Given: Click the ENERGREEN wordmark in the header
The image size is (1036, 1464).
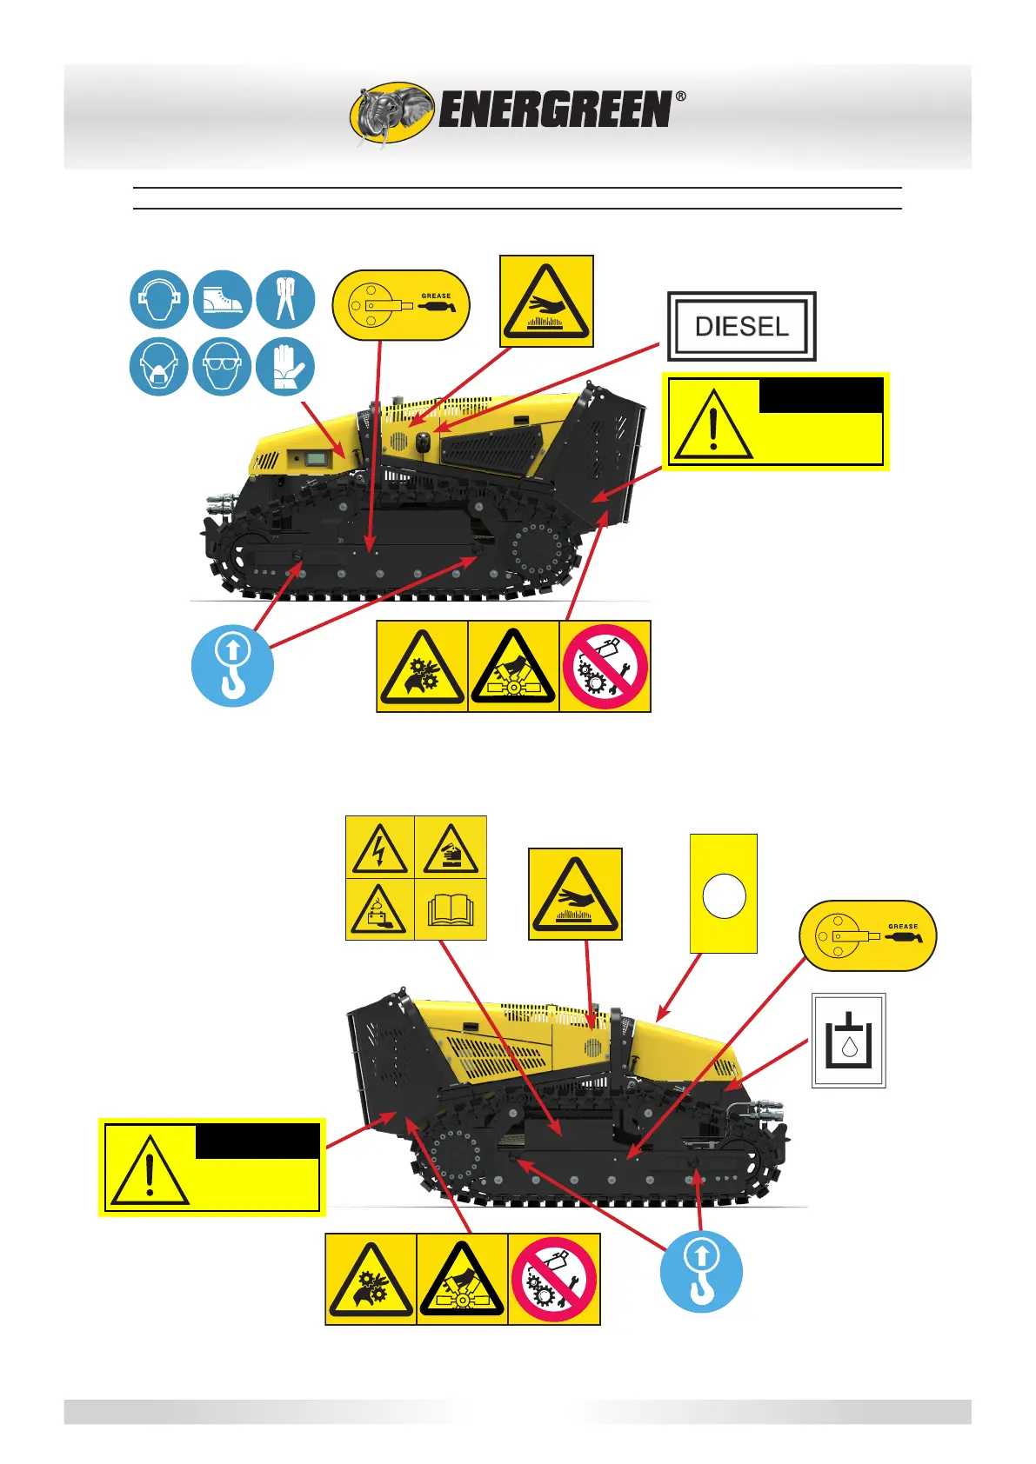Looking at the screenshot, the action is pos(555,110).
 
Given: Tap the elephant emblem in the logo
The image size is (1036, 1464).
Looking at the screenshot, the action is pos(392,113).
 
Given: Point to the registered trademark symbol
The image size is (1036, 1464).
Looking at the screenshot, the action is pos(680,96).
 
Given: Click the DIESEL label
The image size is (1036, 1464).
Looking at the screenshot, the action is pos(742,327).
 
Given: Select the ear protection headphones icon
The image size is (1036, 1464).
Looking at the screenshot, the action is pos(159,300).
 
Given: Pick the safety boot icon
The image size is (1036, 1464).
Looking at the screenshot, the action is pos(223,300).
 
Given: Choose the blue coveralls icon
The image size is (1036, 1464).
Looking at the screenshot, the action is pos(285,300).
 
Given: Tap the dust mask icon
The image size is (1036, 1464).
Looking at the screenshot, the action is pos(159,366).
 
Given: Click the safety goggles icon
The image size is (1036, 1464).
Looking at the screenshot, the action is pos(223,366).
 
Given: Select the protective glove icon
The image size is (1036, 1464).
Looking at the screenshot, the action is pos(285,366).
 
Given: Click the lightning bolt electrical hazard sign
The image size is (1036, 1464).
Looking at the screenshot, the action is pos(380,848).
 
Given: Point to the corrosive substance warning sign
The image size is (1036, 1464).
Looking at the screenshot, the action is pos(451,848).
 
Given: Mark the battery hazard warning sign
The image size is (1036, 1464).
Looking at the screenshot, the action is pos(380,909).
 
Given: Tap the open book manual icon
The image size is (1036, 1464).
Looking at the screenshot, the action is pos(451,909).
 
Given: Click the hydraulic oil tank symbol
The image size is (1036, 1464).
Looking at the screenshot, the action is pos(848,1041).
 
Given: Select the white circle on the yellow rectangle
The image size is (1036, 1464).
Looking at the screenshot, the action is pos(724,896).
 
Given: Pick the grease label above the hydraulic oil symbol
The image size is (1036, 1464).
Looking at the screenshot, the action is pos(867,935).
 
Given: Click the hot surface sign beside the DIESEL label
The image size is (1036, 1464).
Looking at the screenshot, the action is pos(546,302).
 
